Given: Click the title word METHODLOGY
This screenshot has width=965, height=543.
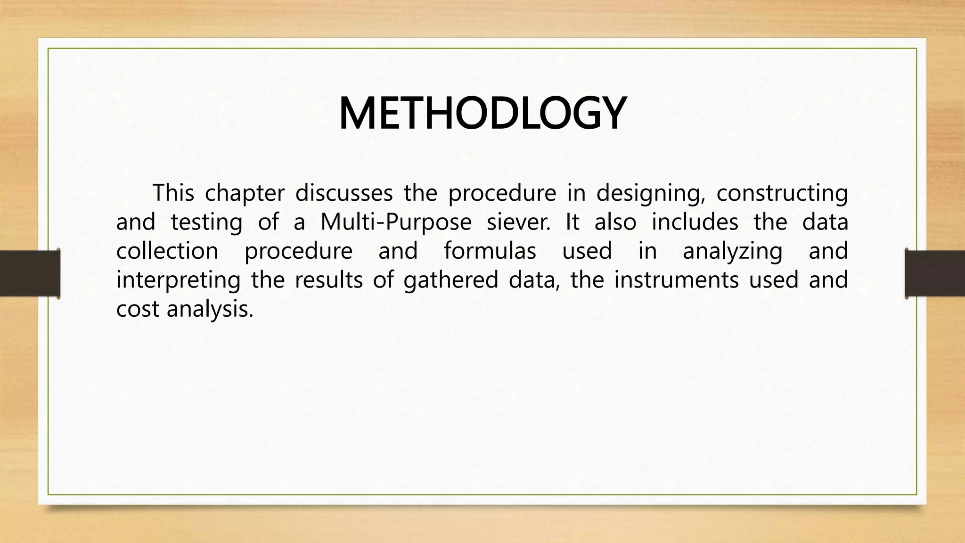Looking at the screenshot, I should pyautogui.click(x=482, y=114).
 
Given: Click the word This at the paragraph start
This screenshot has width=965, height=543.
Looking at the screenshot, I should pyautogui.click(x=173, y=193).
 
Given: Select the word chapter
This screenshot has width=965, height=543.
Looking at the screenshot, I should pyautogui.click(x=245, y=194).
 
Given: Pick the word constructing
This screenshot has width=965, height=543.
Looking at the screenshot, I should pyautogui.click(x=782, y=194).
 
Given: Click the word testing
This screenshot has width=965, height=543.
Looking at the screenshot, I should pyautogui.click(x=206, y=222).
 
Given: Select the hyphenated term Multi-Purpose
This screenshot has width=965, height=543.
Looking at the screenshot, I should pyautogui.click(x=396, y=222).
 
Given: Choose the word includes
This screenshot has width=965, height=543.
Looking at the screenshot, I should pyautogui.click(x=695, y=222).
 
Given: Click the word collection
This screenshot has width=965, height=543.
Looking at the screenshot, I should pyautogui.click(x=167, y=251).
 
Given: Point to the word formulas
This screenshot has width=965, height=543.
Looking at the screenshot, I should pyautogui.click(x=490, y=251).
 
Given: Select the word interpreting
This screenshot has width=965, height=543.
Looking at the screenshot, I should pyautogui.click(x=178, y=280).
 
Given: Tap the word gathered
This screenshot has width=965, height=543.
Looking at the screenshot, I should pyautogui.click(x=451, y=280).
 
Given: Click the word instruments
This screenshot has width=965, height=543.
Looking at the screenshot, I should pyautogui.click(x=677, y=280).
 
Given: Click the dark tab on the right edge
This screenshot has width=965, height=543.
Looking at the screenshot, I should pyautogui.click(x=935, y=273).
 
